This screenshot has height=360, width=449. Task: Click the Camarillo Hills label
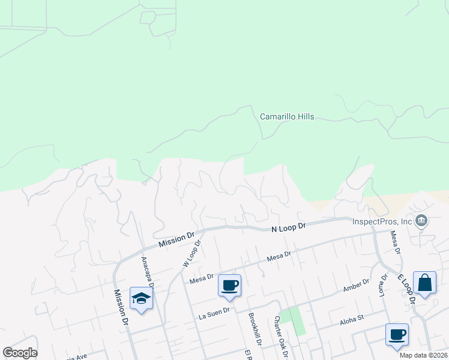click(x=287, y=117)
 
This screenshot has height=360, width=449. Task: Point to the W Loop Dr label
click(x=190, y=253)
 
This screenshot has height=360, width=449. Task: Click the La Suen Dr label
click(x=214, y=311)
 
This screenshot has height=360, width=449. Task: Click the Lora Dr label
click(x=382, y=286)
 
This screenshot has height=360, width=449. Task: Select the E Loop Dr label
click(x=406, y=288)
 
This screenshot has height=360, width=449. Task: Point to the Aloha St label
click(x=352, y=317)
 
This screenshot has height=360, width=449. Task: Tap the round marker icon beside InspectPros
click(x=421, y=221)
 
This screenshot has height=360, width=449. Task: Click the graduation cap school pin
click(x=141, y=298)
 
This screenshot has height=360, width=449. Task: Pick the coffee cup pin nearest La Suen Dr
click(x=229, y=285)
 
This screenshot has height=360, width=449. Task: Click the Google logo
click(x=20, y=353)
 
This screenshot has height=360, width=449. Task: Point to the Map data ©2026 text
click(x=423, y=355)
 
